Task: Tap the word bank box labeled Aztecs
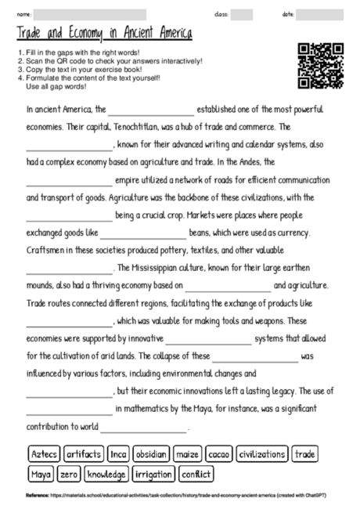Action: pyautogui.click(x=42, y=454)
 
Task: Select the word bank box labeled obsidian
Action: pyautogui.click(x=150, y=454)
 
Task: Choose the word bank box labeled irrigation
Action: pyautogui.click(x=153, y=475)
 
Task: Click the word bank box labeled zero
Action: pyautogui.click(x=69, y=475)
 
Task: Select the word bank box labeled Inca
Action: pyautogui.click(x=117, y=454)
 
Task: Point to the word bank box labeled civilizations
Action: pyautogui.click(x=262, y=454)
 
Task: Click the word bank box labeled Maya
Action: pyautogui.click(x=40, y=475)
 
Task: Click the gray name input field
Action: pyautogui.click(x=90, y=15)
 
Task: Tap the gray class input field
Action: pyautogui.click(x=241, y=15)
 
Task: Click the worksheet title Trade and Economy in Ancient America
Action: pyautogui.click(x=104, y=34)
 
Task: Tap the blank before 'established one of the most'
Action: pyautogui.click(x=151, y=110)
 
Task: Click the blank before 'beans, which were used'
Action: pyautogui.click(x=143, y=233)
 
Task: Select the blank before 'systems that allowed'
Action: pyautogui.click(x=208, y=340)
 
